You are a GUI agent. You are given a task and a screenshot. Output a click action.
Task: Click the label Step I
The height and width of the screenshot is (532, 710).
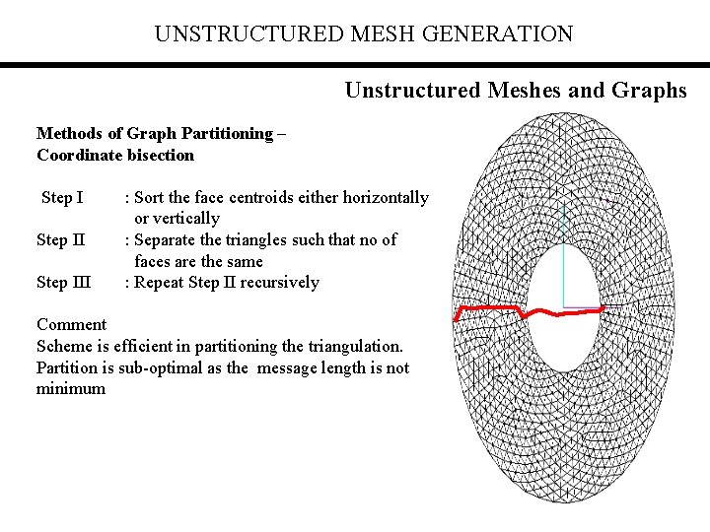[x=62, y=198]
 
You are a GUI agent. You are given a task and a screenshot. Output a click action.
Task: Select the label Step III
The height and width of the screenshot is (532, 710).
[x=63, y=283]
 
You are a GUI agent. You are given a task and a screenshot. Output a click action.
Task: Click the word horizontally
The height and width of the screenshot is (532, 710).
[x=380, y=198]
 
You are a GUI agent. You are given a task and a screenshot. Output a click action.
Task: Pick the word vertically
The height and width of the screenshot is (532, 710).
[x=186, y=219]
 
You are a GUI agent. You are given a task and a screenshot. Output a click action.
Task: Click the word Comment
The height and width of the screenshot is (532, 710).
[x=71, y=325]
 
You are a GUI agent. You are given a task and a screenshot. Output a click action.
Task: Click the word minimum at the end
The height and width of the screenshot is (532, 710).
[x=71, y=389]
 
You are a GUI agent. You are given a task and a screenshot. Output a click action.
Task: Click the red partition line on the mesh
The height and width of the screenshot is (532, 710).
[x=489, y=310]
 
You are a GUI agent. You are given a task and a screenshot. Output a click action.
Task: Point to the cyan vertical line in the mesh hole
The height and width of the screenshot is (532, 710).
[x=562, y=256]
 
